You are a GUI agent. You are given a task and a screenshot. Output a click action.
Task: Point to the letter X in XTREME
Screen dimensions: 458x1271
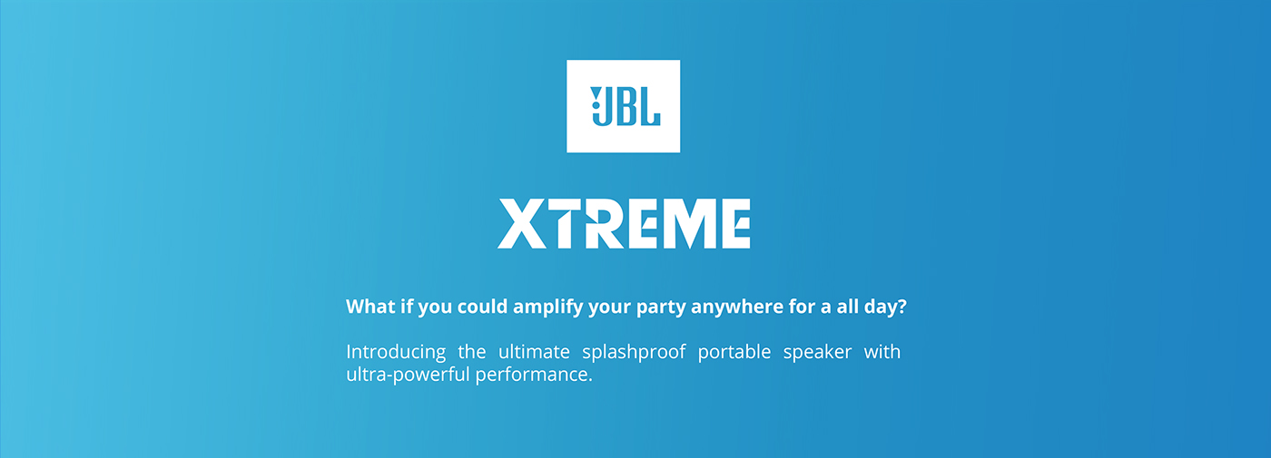click(522, 224)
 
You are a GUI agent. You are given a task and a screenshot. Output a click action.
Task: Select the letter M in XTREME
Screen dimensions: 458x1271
click(687, 224)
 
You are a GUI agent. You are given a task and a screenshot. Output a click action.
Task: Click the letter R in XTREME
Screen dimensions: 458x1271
click(601, 224)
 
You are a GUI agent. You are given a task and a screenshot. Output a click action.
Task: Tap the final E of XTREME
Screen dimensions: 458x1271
click(734, 224)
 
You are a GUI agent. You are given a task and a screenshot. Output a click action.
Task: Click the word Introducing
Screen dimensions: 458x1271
click(396, 352)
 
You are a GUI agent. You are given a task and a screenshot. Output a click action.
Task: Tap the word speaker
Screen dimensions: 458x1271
click(817, 353)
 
